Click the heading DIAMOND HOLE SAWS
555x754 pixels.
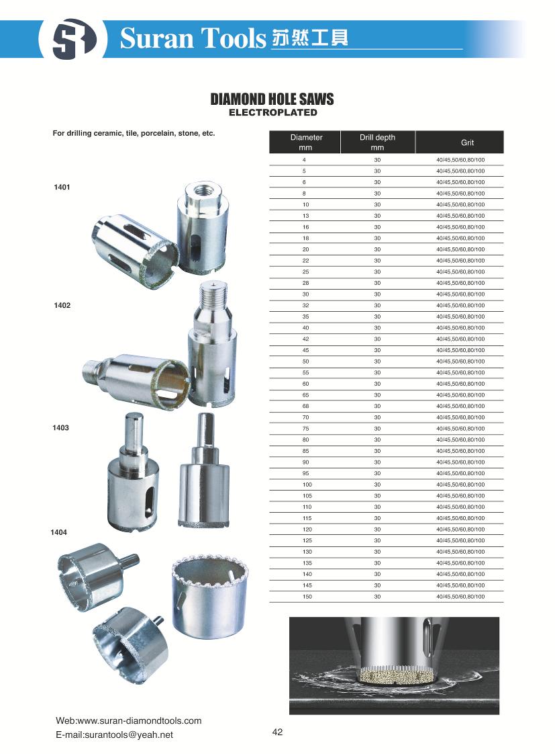272,99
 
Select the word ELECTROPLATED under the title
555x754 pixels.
272,112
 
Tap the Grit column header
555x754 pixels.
467,142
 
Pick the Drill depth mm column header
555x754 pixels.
377,142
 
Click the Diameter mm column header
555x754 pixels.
306,142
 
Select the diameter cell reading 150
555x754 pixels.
307,597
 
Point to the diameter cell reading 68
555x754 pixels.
307,406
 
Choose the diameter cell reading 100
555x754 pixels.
307,485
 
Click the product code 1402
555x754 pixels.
62,306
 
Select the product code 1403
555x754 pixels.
60,428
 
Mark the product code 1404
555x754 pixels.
59,532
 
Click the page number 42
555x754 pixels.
278,732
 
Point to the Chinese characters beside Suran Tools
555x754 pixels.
310,38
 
